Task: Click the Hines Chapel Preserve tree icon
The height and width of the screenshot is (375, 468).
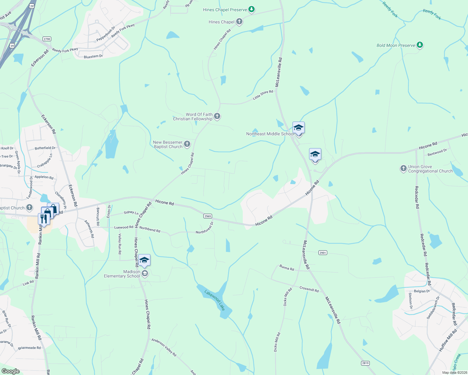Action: [251, 10]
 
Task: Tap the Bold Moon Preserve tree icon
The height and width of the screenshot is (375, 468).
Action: [420, 45]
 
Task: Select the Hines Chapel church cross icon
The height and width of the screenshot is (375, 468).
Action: [239, 22]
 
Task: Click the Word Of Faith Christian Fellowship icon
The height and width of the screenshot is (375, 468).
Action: [217, 117]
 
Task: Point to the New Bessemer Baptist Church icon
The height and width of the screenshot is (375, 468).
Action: [187, 144]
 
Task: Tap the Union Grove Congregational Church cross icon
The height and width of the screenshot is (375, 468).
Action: [404, 169]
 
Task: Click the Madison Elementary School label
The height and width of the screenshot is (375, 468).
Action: [122, 274]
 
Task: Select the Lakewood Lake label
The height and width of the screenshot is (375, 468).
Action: [215, 300]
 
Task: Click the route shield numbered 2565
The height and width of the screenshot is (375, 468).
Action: [208, 216]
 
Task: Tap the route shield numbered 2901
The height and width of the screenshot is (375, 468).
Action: [323, 252]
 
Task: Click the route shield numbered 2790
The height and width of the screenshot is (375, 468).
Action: [47, 39]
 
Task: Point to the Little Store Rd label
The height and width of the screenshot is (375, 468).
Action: [263, 95]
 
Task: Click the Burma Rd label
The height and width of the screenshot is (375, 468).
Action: [287, 267]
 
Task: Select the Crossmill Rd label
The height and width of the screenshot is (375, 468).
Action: [309, 289]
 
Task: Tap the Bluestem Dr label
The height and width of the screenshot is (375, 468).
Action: [93, 57]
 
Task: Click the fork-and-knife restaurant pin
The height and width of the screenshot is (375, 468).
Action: [43, 219]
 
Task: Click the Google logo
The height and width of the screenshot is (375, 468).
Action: [10, 371]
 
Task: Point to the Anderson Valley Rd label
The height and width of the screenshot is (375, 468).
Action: [164, 347]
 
